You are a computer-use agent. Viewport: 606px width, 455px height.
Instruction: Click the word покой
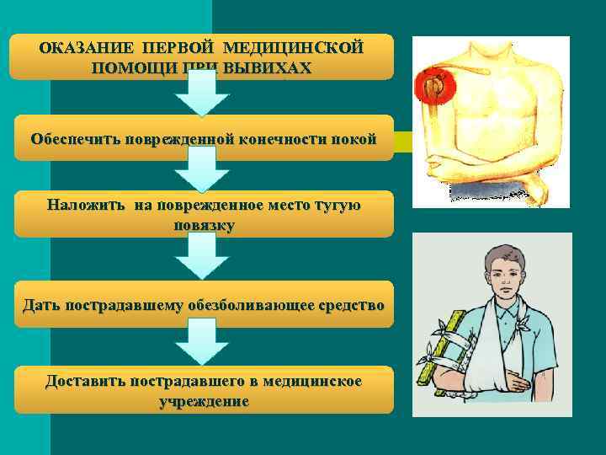click(x=354, y=139)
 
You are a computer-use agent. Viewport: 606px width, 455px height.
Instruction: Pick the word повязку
click(x=203, y=226)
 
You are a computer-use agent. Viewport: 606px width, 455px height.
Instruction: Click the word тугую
click(x=337, y=205)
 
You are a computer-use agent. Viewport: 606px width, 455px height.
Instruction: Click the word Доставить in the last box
click(x=86, y=382)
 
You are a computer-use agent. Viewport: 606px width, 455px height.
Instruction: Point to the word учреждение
click(x=204, y=402)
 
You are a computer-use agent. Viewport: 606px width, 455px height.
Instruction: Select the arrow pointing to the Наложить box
click(x=202, y=176)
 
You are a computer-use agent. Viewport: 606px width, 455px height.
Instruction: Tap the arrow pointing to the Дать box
click(x=202, y=258)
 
